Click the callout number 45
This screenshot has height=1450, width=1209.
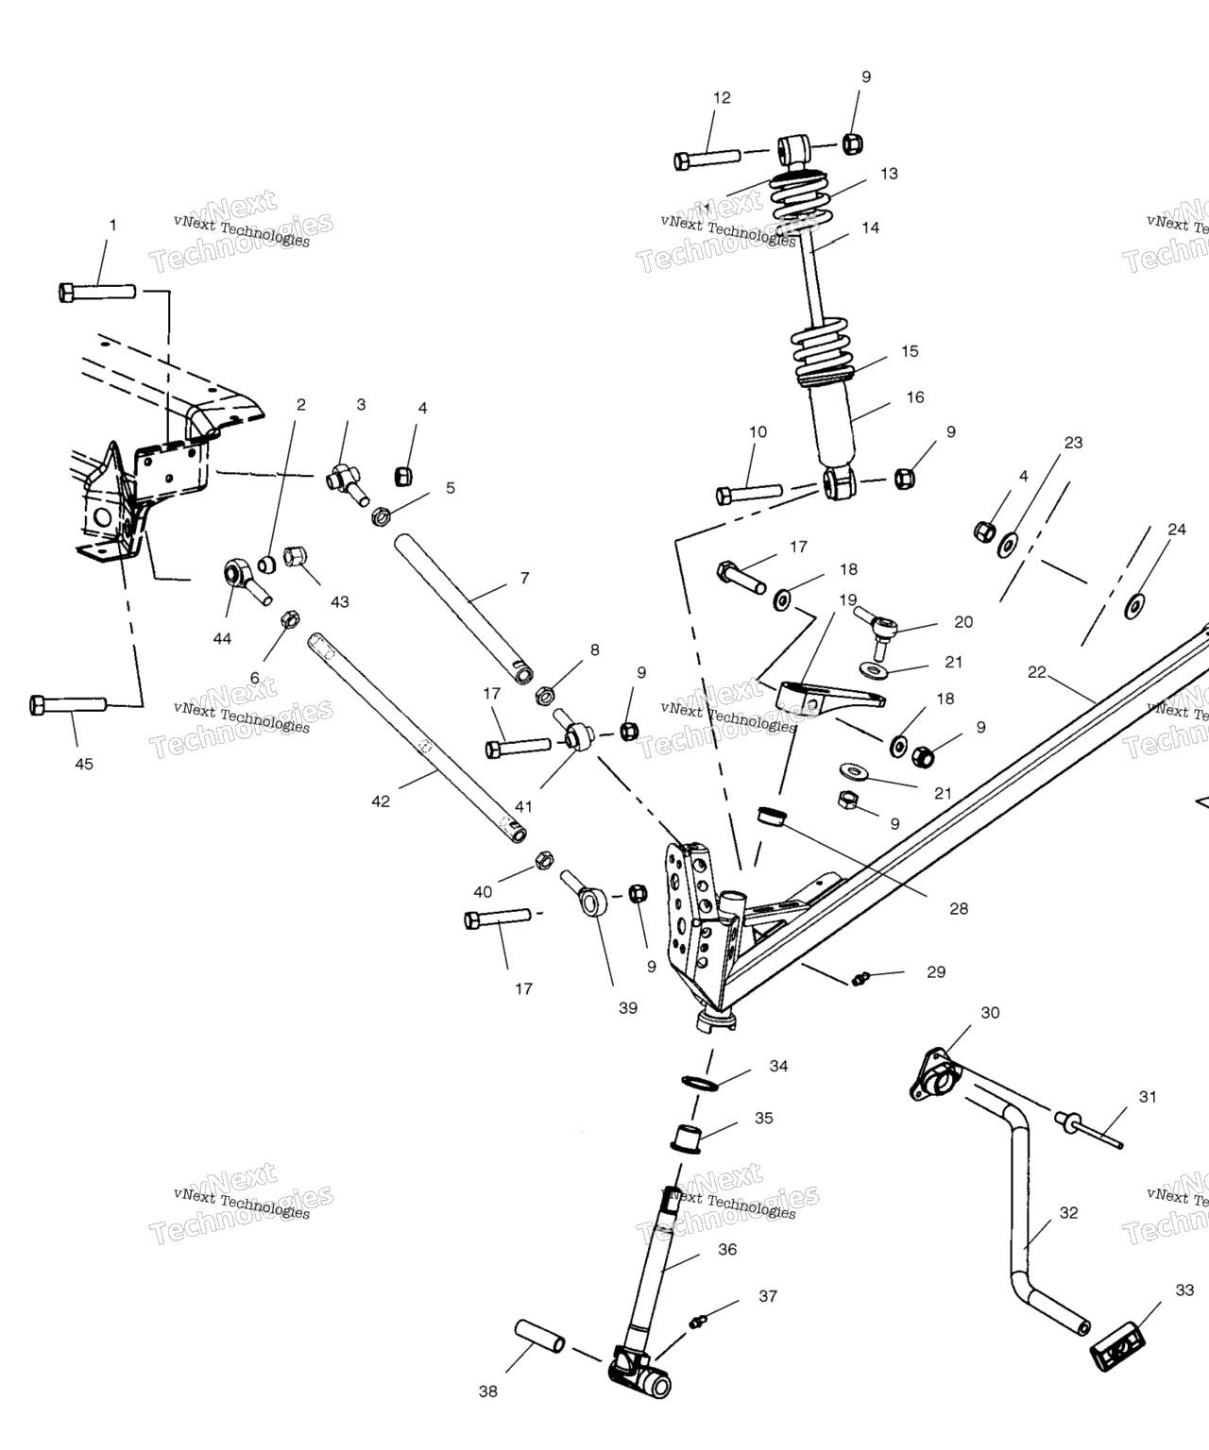pyautogui.click(x=84, y=764)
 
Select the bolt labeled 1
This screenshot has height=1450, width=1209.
pyautogui.click(x=97, y=292)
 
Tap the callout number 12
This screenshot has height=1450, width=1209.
pyautogui.click(x=722, y=97)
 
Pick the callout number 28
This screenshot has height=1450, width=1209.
pyautogui.click(x=959, y=909)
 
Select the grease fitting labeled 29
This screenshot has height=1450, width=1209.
pyautogui.click(x=860, y=979)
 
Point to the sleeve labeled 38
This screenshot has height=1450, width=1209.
pyautogui.click(x=540, y=1338)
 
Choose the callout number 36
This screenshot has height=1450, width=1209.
pyautogui.click(x=726, y=1249)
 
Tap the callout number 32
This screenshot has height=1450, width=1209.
pyautogui.click(x=1068, y=1213)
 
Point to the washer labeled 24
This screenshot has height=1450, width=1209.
pyautogui.click(x=1133, y=605)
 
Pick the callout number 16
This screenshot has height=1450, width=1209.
pyautogui.click(x=915, y=397)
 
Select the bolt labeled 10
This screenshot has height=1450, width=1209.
pyautogui.click(x=749, y=493)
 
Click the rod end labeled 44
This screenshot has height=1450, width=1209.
pyautogui.click(x=242, y=578)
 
